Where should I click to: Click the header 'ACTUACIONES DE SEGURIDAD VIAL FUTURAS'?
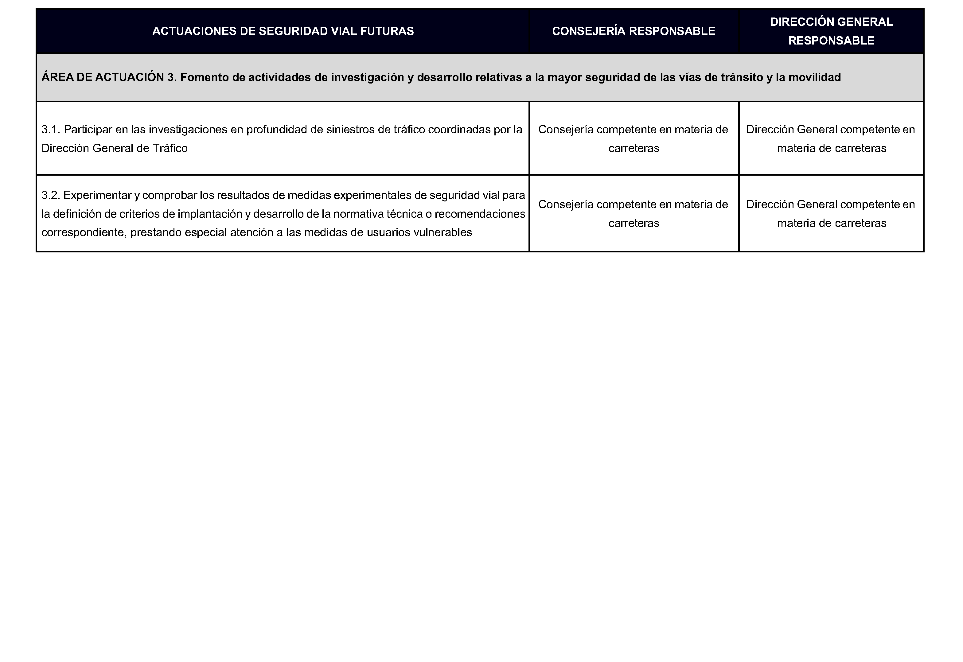283,31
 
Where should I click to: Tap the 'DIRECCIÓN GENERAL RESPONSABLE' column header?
831,31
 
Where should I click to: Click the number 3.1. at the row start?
51,130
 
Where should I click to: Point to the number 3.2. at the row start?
51,195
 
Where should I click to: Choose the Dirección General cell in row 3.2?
831,214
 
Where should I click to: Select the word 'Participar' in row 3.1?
88,130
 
